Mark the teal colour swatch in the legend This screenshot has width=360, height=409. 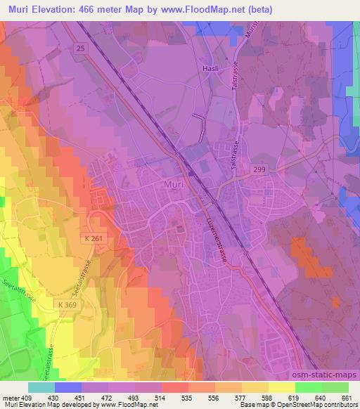41,387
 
